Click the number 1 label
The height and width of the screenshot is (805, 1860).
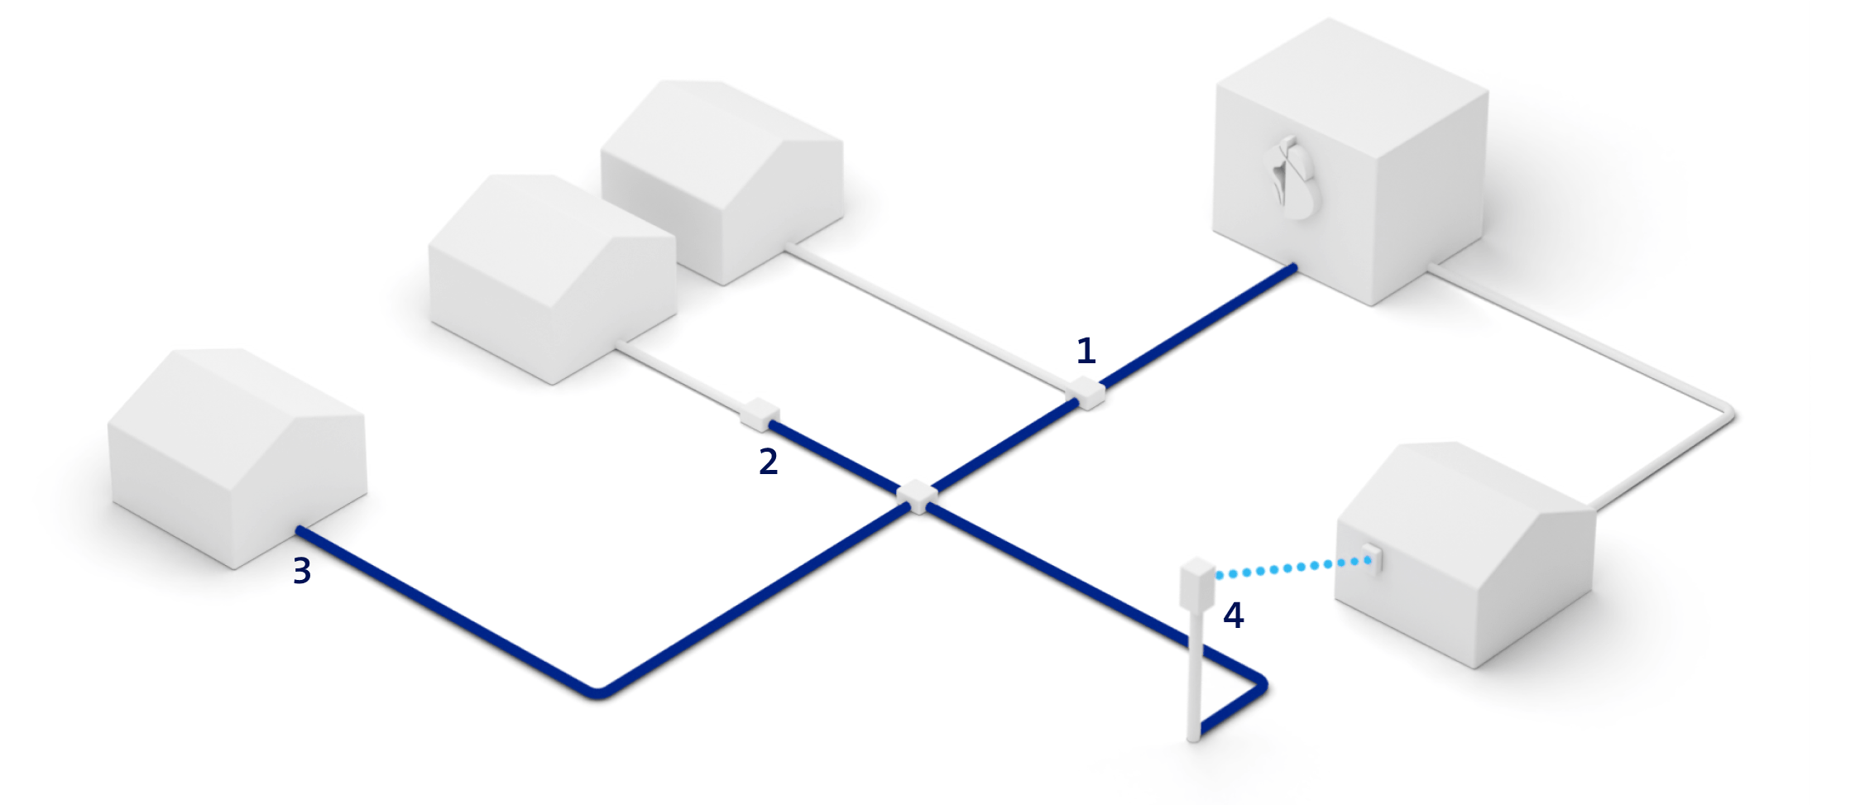(x=1086, y=352)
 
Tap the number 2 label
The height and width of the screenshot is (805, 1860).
(x=768, y=462)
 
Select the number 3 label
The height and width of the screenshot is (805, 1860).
(x=302, y=571)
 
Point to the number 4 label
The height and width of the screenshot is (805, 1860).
(x=1233, y=616)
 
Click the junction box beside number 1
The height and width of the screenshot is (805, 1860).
(x=1087, y=392)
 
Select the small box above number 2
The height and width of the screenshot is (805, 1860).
(x=760, y=414)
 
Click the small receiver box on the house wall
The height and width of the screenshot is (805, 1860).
(x=1373, y=558)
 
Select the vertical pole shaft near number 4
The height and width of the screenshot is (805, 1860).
(x=1193, y=678)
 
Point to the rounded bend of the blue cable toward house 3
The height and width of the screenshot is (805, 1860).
(x=597, y=693)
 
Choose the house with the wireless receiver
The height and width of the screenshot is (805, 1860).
(x=1465, y=554)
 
